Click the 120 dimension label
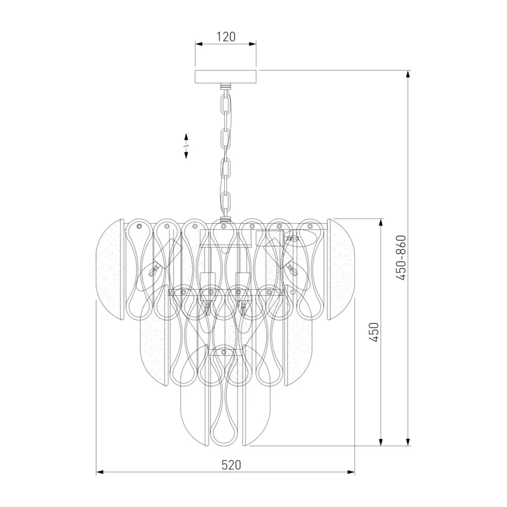tap(226, 37)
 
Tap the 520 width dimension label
tap(231, 465)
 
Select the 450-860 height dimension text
tap(401, 258)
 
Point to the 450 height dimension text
tap(374, 332)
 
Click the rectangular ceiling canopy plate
tap(226, 76)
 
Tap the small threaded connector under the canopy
tap(226, 86)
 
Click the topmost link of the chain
tap(226, 101)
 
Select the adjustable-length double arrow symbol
tap(186, 146)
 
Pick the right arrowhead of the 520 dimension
tap(351, 472)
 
